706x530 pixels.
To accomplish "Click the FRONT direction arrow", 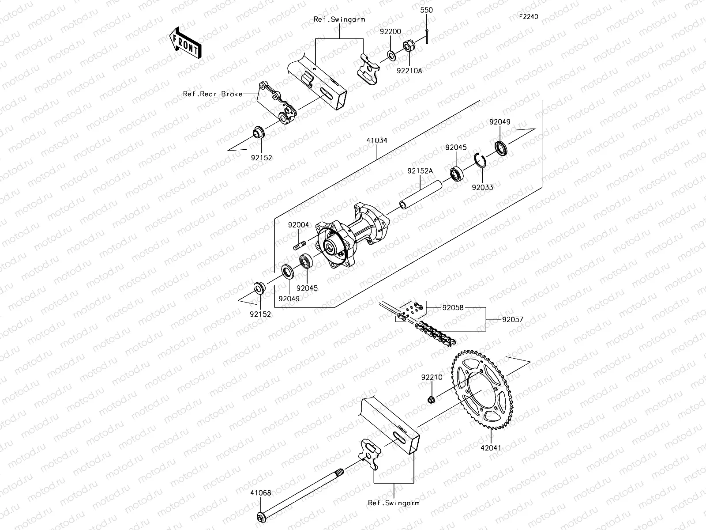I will point(185,42).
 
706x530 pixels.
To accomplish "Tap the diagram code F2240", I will point(528,17).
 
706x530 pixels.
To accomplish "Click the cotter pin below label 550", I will point(428,35).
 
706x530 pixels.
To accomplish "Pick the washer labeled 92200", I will point(391,55).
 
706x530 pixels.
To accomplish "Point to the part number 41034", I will point(376,140).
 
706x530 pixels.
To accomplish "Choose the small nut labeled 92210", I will point(432,400).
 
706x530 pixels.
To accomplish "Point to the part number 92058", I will point(453,307).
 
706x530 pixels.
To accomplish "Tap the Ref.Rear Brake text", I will point(213,94).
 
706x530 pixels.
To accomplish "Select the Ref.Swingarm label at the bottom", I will point(394,503).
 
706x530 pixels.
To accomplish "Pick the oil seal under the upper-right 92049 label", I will point(501,148).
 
